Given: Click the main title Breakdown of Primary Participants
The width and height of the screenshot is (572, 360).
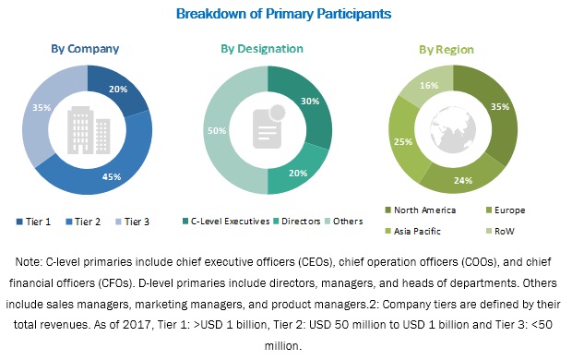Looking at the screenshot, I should point(286,14).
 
